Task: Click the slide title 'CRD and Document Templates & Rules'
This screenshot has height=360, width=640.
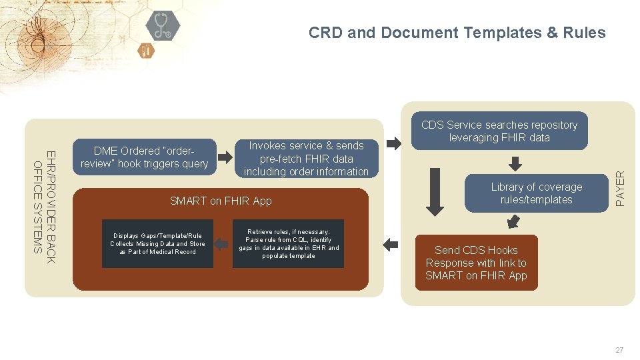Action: pyautogui.click(x=457, y=33)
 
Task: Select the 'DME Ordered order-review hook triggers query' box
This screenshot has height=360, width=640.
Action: pyautogui.click(x=145, y=157)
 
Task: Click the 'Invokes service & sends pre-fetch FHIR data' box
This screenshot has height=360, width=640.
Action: pyautogui.click(x=306, y=159)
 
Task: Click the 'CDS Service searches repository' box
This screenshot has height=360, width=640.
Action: pyautogui.click(x=499, y=131)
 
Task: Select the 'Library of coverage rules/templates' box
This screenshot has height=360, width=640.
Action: pyautogui.click(x=536, y=193)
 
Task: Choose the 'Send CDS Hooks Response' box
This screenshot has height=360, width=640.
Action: pyautogui.click(x=476, y=263)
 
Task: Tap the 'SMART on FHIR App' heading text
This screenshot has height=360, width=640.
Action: pyautogui.click(x=221, y=201)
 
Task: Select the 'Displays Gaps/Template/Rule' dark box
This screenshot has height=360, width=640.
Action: pyautogui.click(x=157, y=244)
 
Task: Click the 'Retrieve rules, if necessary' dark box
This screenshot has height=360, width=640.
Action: pyautogui.click(x=288, y=244)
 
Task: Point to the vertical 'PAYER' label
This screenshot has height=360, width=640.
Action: pyautogui.click(x=621, y=188)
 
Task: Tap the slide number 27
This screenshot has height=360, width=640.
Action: pyautogui.click(x=619, y=350)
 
